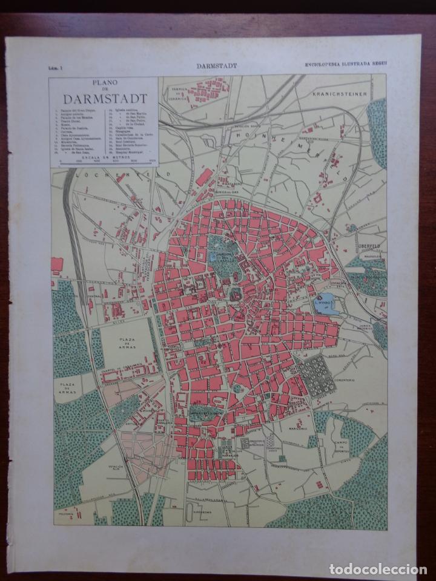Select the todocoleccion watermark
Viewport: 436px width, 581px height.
pos(376,568)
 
